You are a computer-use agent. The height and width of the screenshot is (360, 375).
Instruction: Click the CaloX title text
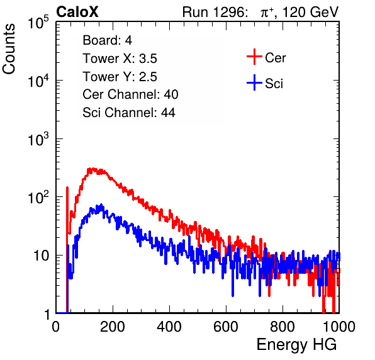[x=77, y=12]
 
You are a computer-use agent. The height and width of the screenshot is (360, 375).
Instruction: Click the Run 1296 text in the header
[x=215, y=12]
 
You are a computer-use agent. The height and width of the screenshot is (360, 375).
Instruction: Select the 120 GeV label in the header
[x=310, y=12]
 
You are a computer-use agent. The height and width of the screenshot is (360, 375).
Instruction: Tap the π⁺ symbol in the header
[x=267, y=13]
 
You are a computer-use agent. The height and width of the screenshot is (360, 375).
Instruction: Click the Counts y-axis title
[x=9, y=49]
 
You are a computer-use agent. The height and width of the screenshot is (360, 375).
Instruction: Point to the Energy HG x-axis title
[x=296, y=345]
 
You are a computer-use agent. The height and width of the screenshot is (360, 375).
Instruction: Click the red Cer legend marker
[x=254, y=57]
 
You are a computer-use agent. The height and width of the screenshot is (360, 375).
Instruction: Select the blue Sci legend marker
[x=254, y=82]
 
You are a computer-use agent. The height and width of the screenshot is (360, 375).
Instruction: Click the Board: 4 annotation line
[x=107, y=40]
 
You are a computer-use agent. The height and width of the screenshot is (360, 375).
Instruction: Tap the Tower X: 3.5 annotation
[x=120, y=59]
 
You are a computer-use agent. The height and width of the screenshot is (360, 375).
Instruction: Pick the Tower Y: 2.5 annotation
[x=120, y=77]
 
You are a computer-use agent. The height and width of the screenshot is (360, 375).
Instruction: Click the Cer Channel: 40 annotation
[x=130, y=94]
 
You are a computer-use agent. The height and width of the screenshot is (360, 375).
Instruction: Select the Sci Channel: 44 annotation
[x=129, y=113]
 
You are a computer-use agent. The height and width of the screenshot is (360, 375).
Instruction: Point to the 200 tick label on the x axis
[x=113, y=327]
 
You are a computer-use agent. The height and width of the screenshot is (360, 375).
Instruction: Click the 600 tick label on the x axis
[x=226, y=327]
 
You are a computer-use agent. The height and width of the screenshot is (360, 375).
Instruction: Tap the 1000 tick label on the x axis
[x=339, y=327]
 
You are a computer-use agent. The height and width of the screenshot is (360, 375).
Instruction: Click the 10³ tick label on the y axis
[x=38, y=139]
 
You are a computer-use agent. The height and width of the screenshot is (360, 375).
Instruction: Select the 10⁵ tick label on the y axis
[x=38, y=23]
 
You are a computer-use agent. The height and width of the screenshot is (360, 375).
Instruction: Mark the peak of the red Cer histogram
[x=91, y=169]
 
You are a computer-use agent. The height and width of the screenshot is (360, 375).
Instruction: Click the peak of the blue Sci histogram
[x=101, y=205]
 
